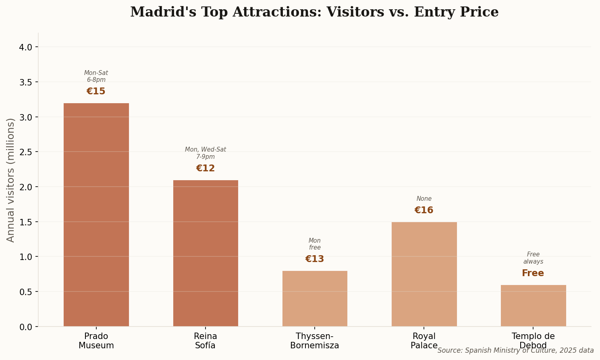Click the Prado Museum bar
point(96,214)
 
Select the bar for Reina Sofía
point(206,253)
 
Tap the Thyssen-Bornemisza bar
point(315,298)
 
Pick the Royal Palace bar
point(424,274)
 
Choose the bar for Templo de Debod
point(533,306)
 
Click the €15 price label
point(96,92)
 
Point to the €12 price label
point(206,169)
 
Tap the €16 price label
point(424,210)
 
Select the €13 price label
point(315,259)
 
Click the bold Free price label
point(533,273)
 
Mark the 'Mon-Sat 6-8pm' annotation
point(96,76)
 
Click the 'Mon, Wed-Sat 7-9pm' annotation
point(206,153)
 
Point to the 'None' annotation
point(424,199)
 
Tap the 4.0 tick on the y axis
point(26,48)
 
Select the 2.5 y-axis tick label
point(26,152)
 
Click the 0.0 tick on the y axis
point(26,327)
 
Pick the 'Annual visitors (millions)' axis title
point(11,180)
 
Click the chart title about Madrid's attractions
point(314,12)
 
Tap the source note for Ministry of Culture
point(516,350)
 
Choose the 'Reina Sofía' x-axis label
point(206,341)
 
